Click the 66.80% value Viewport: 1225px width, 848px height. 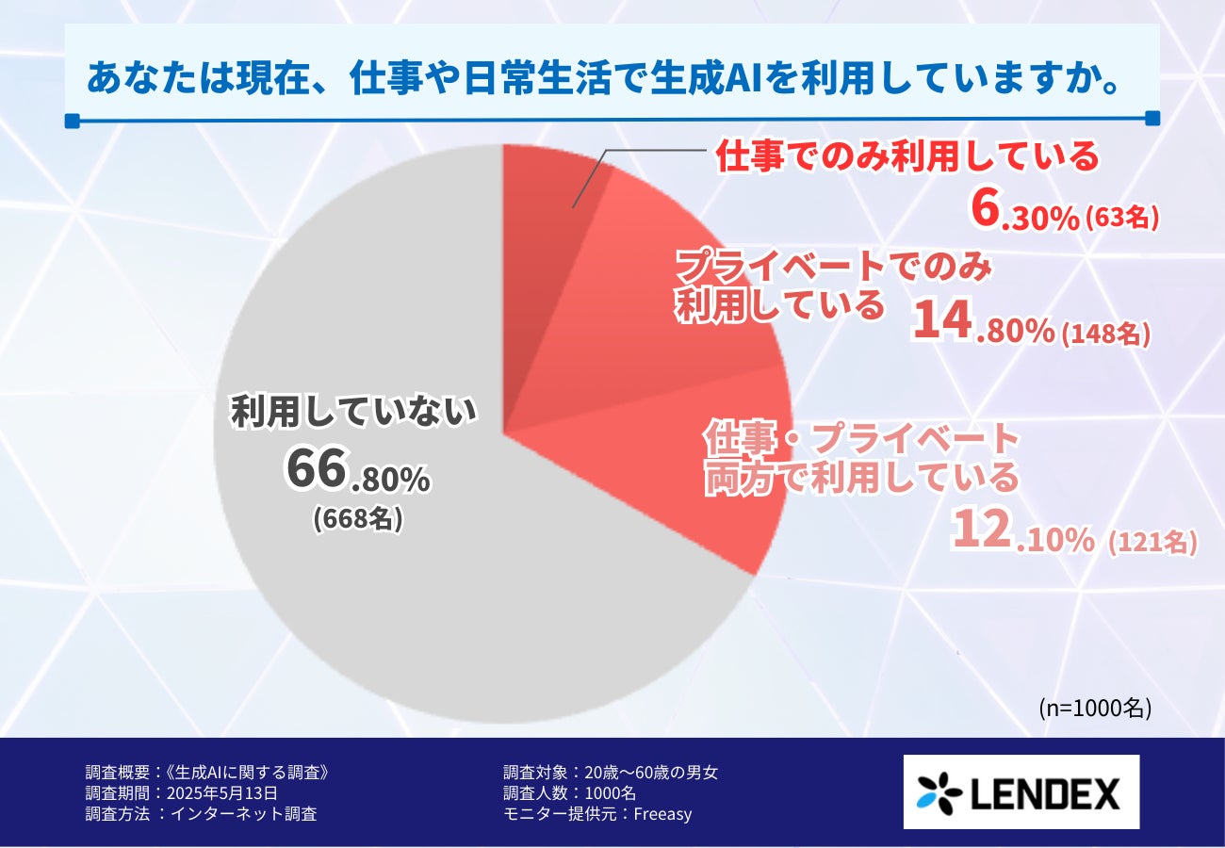click(358, 472)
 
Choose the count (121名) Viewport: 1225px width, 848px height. click(1151, 542)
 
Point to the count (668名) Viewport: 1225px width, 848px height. click(358, 519)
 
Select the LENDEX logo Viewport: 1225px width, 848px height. click(1021, 791)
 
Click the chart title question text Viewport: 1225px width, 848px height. click(603, 79)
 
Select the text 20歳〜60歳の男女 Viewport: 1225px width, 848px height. click(651, 773)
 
